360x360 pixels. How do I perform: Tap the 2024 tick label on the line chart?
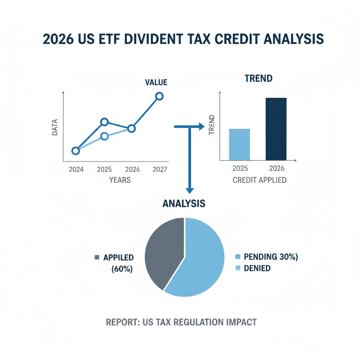(x=76, y=169)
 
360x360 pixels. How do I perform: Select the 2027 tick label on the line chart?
(x=160, y=169)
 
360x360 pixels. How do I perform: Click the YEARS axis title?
(x=120, y=180)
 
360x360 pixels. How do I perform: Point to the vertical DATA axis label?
(x=55, y=128)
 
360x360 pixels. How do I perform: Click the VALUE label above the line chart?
(x=156, y=83)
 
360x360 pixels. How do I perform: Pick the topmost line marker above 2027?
(x=159, y=96)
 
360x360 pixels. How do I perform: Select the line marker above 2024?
(x=76, y=151)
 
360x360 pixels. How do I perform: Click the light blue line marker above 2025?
(x=104, y=136)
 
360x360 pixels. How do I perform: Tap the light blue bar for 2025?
(x=239, y=144)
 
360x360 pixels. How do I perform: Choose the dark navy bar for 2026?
(x=276, y=129)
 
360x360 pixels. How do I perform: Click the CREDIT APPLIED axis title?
(x=259, y=180)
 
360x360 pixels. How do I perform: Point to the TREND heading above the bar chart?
(x=258, y=78)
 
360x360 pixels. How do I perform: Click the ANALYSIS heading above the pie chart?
(x=184, y=203)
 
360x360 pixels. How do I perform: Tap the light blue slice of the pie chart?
(x=200, y=260)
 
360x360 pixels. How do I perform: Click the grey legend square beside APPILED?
(x=97, y=258)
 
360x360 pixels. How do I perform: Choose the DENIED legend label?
(x=257, y=268)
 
